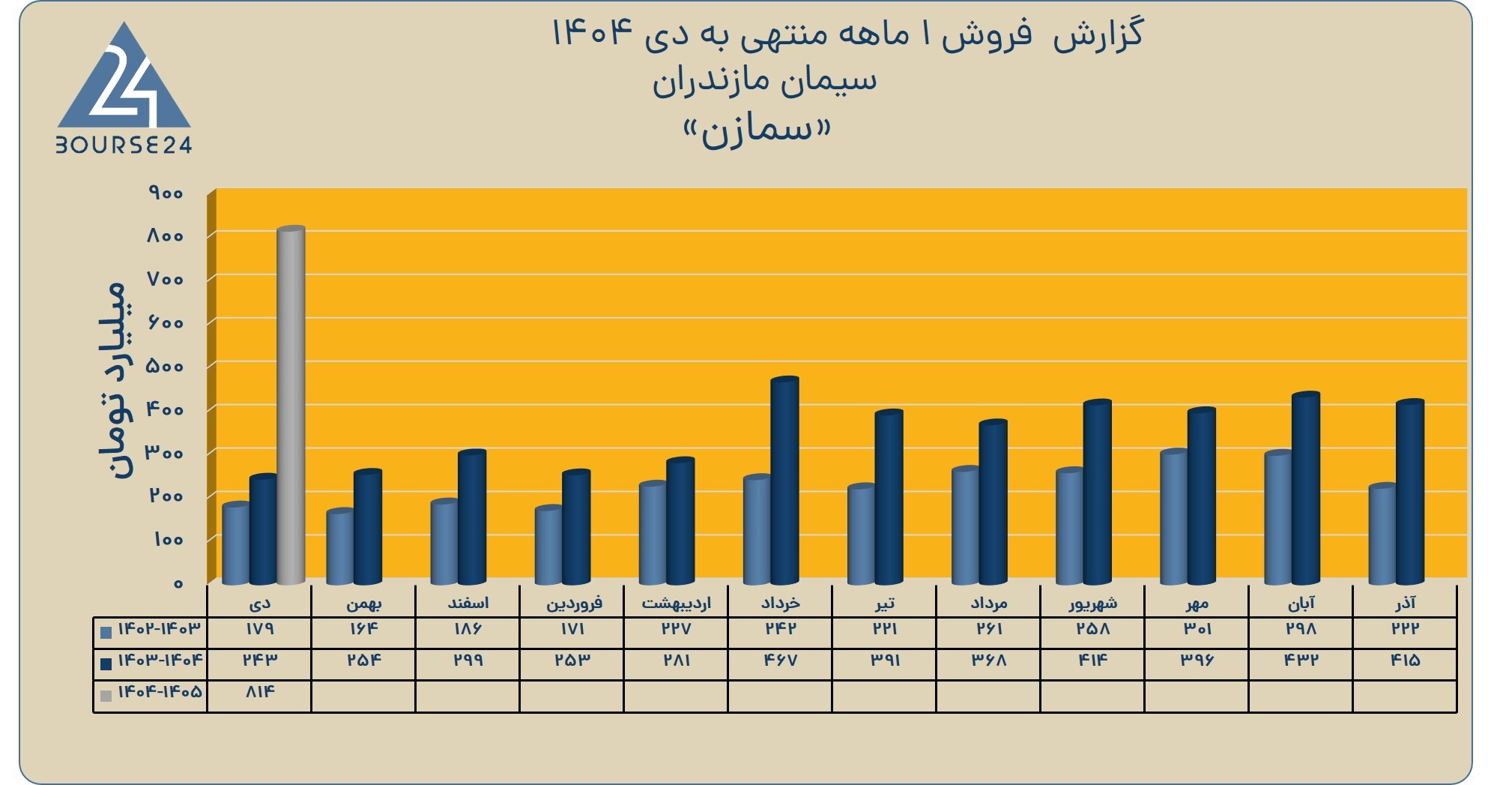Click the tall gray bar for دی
pos(291,405)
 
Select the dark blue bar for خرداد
pos(784,481)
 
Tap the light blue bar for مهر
pos(1174,517)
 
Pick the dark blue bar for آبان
pos(1305,488)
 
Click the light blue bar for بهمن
pos(340,547)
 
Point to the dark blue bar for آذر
pos(1409,492)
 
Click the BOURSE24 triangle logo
pos(124,88)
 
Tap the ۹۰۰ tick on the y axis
pos(166,193)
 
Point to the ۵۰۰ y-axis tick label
pos(165,367)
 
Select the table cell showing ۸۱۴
pos(259,691)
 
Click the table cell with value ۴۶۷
pos(780,660)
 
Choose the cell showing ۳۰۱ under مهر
pos(1197,628)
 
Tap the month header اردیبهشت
pos(676,603)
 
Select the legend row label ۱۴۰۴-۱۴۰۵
pos(160,691)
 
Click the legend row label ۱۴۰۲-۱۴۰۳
pos(160,628)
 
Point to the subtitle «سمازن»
pos(757,130)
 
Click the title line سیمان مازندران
pos(764,81)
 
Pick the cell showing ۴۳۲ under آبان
pos(1301,660)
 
